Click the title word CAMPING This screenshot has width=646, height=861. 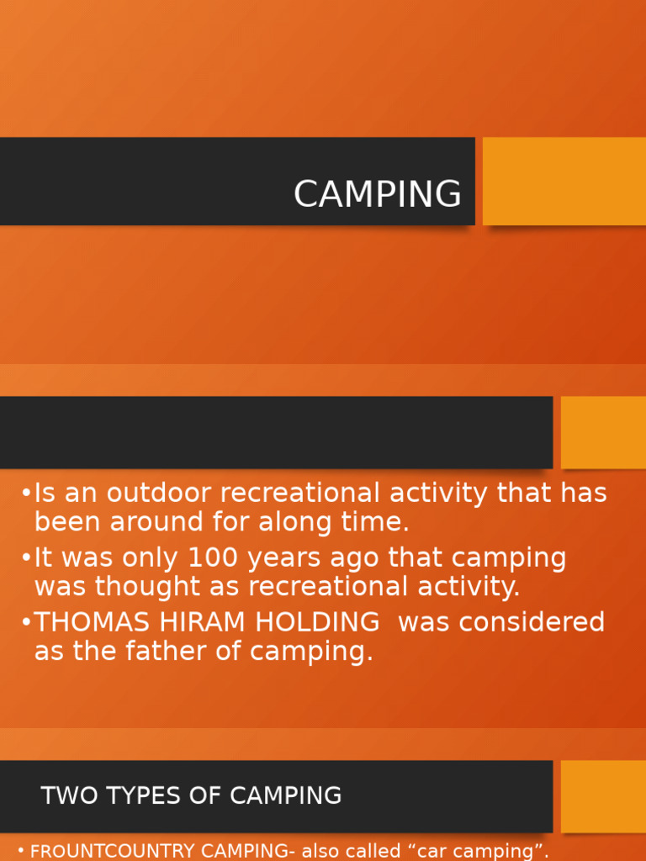pyautogui.click(x=377, y=194)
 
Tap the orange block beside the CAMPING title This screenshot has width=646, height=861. pyautogui.click(x=564, y=181)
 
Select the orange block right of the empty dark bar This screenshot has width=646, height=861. pyautogui.click(x=603, y=432)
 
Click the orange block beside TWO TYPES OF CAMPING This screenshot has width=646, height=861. pyautogui.click(x=603, y=796)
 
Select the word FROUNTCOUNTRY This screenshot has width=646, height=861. pyautogui.click(x=106, y=851)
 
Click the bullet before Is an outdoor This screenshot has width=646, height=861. pyautogui.click(x=26, y=494)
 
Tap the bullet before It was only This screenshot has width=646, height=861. pyautogui.click(x=26, y=558)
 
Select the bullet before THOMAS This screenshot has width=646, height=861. pyautogui.click(x=26, y=623)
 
